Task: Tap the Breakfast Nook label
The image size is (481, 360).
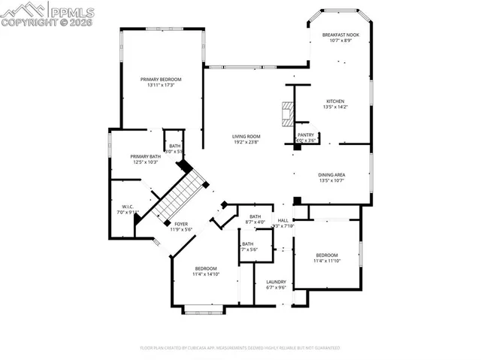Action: click(340, 35)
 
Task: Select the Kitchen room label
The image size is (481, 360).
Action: click(334, 101)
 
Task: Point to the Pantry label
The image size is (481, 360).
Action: click(305, 135)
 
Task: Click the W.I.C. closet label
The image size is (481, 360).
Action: click(128, 207)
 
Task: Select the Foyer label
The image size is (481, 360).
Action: click(181, 223)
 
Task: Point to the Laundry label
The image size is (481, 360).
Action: click(276, 281)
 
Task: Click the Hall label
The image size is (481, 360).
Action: click(283, 220)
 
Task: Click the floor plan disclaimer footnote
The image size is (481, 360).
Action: click(240, 348)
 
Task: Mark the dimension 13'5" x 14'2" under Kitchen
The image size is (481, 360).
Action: click(334, 107)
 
